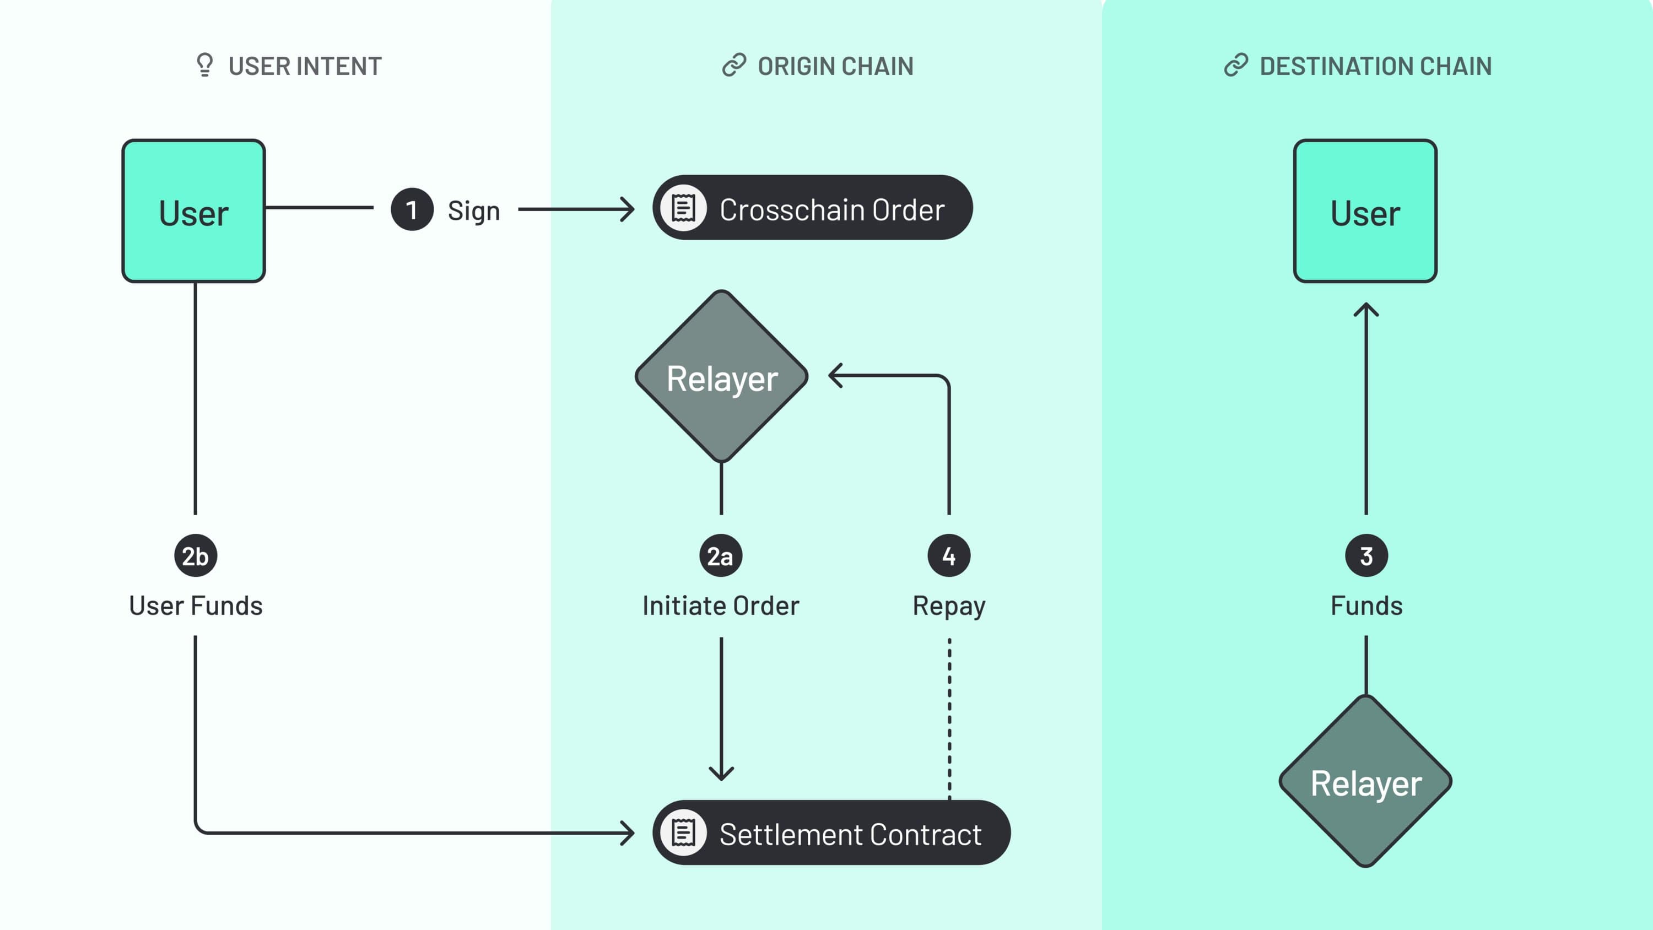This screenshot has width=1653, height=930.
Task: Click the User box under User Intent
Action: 193,211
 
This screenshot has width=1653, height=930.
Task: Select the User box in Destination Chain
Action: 1365,211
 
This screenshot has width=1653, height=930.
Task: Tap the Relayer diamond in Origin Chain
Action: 721,377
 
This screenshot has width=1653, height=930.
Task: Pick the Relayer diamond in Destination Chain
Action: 1365,781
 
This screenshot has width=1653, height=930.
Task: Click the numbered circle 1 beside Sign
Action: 412,209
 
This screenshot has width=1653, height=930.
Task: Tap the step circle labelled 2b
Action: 195,556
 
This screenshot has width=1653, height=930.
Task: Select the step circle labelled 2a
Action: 721,556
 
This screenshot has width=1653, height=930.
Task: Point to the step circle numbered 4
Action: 948,556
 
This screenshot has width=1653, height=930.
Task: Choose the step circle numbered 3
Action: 1366,556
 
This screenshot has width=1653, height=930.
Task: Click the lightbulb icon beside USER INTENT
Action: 205,65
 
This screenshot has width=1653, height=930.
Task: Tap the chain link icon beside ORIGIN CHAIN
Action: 734,65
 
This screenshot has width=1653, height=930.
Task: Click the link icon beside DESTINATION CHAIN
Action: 1236,65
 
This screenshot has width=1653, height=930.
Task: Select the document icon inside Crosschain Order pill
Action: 683,208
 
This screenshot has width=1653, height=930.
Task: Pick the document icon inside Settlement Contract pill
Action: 683,832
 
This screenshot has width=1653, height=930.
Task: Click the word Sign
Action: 473,210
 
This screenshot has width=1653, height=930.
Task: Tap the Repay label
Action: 948,606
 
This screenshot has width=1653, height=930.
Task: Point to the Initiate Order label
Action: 721,606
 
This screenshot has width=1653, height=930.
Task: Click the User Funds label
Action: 196,606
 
